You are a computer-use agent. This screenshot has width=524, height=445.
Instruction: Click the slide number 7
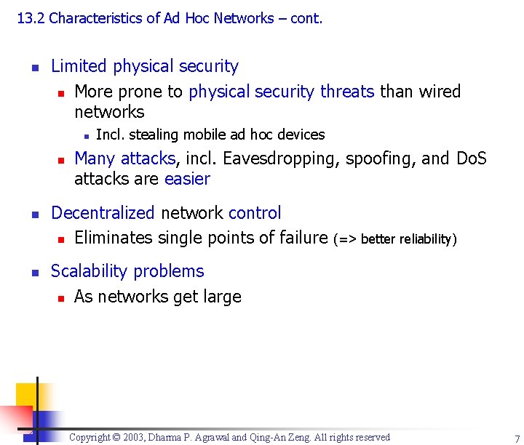(x=516, y=438)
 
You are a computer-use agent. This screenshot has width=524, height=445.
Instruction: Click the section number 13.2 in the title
(x=31, y=18)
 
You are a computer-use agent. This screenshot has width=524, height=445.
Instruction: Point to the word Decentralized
(x=103, y=213)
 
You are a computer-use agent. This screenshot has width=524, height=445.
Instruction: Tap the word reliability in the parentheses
(x=424, y=239)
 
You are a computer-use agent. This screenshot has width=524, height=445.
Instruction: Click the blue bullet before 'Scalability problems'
(x=34, y=272)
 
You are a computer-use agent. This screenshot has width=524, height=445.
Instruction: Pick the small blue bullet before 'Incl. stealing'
(x=85, y=135)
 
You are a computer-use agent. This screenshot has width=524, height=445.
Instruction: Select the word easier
(x=187, y=179)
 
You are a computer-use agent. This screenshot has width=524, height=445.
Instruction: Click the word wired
(x=439, y=92)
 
